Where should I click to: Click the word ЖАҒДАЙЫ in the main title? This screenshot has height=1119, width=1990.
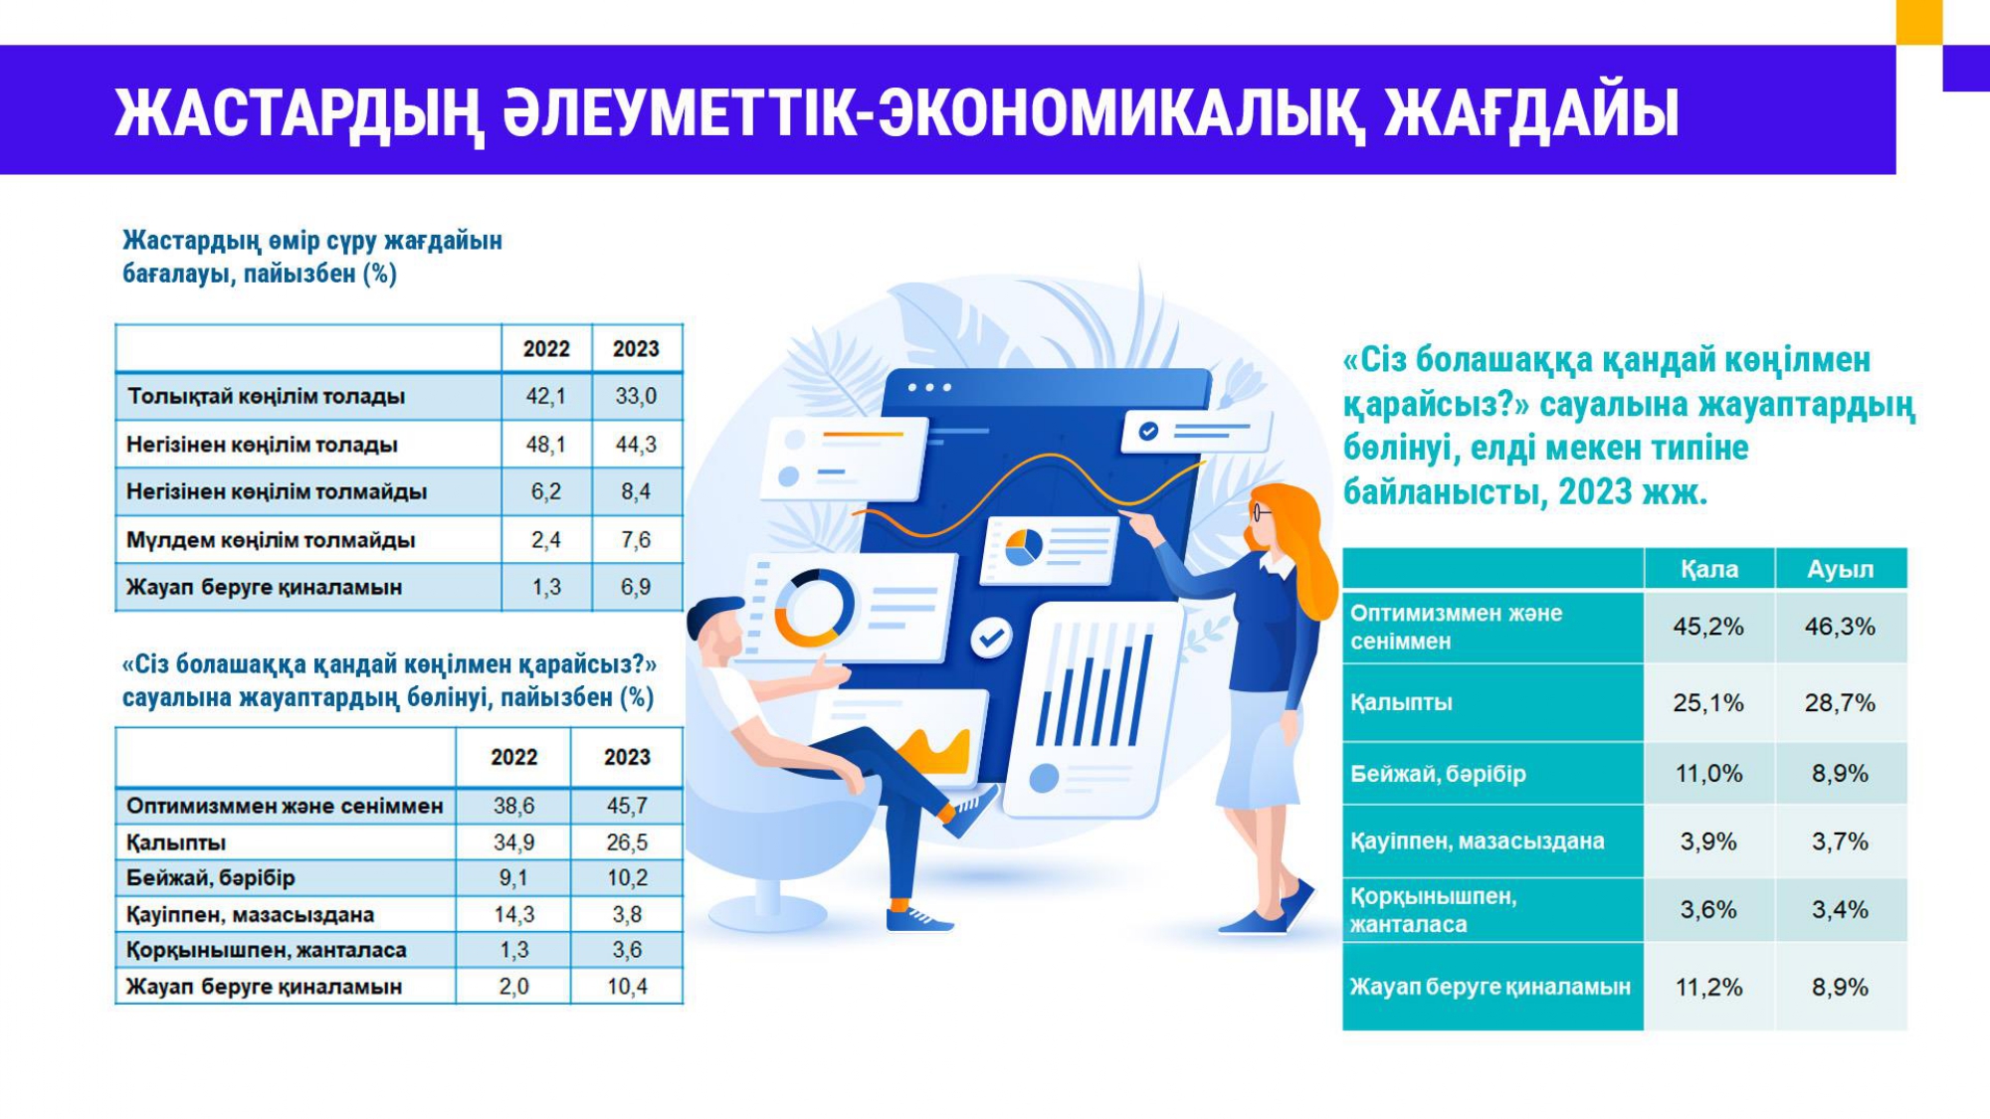click(1531, 112)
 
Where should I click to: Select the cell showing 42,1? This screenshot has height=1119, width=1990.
click(546, 396)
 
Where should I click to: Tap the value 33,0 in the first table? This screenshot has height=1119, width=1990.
click(636, 396)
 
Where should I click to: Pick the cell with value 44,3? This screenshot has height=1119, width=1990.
click(636, 445)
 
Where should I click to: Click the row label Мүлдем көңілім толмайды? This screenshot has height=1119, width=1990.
click(271, 540)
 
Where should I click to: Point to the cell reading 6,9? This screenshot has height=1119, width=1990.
click(636, 587)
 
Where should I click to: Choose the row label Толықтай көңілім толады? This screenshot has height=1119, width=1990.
click(266, 396)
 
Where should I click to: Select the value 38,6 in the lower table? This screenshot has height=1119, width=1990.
click(513, 806)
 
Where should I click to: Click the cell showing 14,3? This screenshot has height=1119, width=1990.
click(513, 914)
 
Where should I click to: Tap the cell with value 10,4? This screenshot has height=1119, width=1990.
click(627, 987)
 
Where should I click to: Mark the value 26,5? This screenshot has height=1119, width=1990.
click(627, 842)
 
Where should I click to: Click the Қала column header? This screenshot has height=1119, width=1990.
click(1709, 569)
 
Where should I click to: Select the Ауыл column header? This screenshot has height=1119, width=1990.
click(1841, 569)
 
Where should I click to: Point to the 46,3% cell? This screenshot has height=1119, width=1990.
click(1840, 627)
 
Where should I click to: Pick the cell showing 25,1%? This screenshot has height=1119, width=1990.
click(1708, 703)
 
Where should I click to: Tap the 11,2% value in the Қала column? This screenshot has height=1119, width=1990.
click(1708, 988)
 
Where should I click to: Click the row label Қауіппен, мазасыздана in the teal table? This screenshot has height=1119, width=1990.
click(1477, 841)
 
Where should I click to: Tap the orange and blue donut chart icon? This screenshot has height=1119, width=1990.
click(815, 608)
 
